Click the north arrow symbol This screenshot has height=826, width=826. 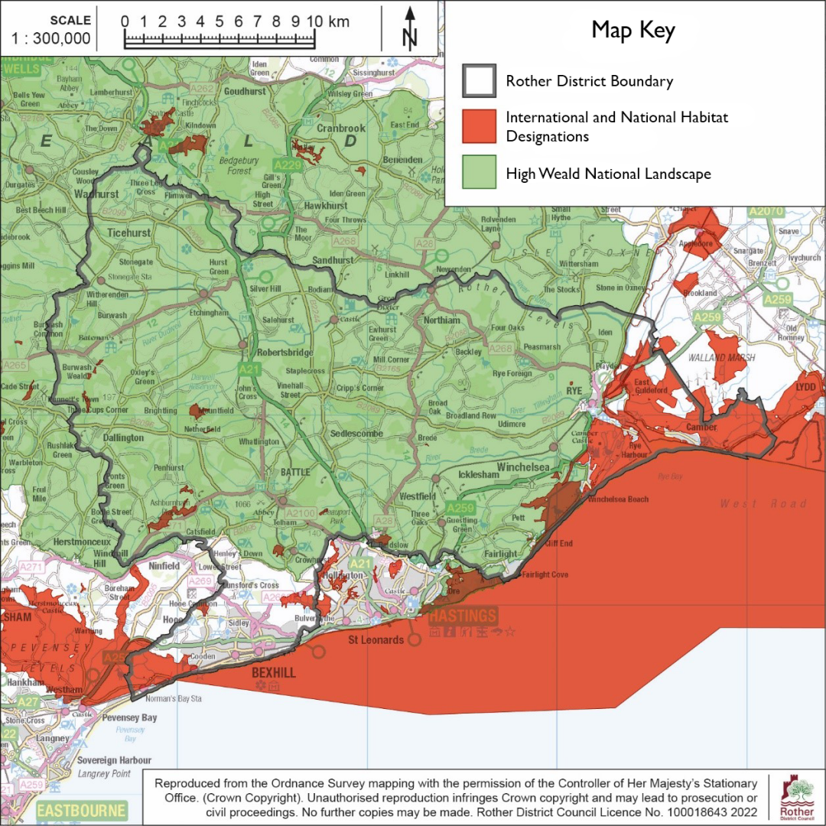click(410, 28)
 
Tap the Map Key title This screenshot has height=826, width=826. click(633, 31)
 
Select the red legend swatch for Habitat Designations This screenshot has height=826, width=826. click(480, 126)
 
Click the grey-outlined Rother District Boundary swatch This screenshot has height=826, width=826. click(480, 80)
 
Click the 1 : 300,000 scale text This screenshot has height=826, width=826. click(51, 38)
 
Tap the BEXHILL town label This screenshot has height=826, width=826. click(273, 673)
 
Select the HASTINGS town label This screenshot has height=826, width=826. click(463, 616)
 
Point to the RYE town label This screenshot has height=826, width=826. click(575, 390)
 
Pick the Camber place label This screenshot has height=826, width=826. click(701, 427)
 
